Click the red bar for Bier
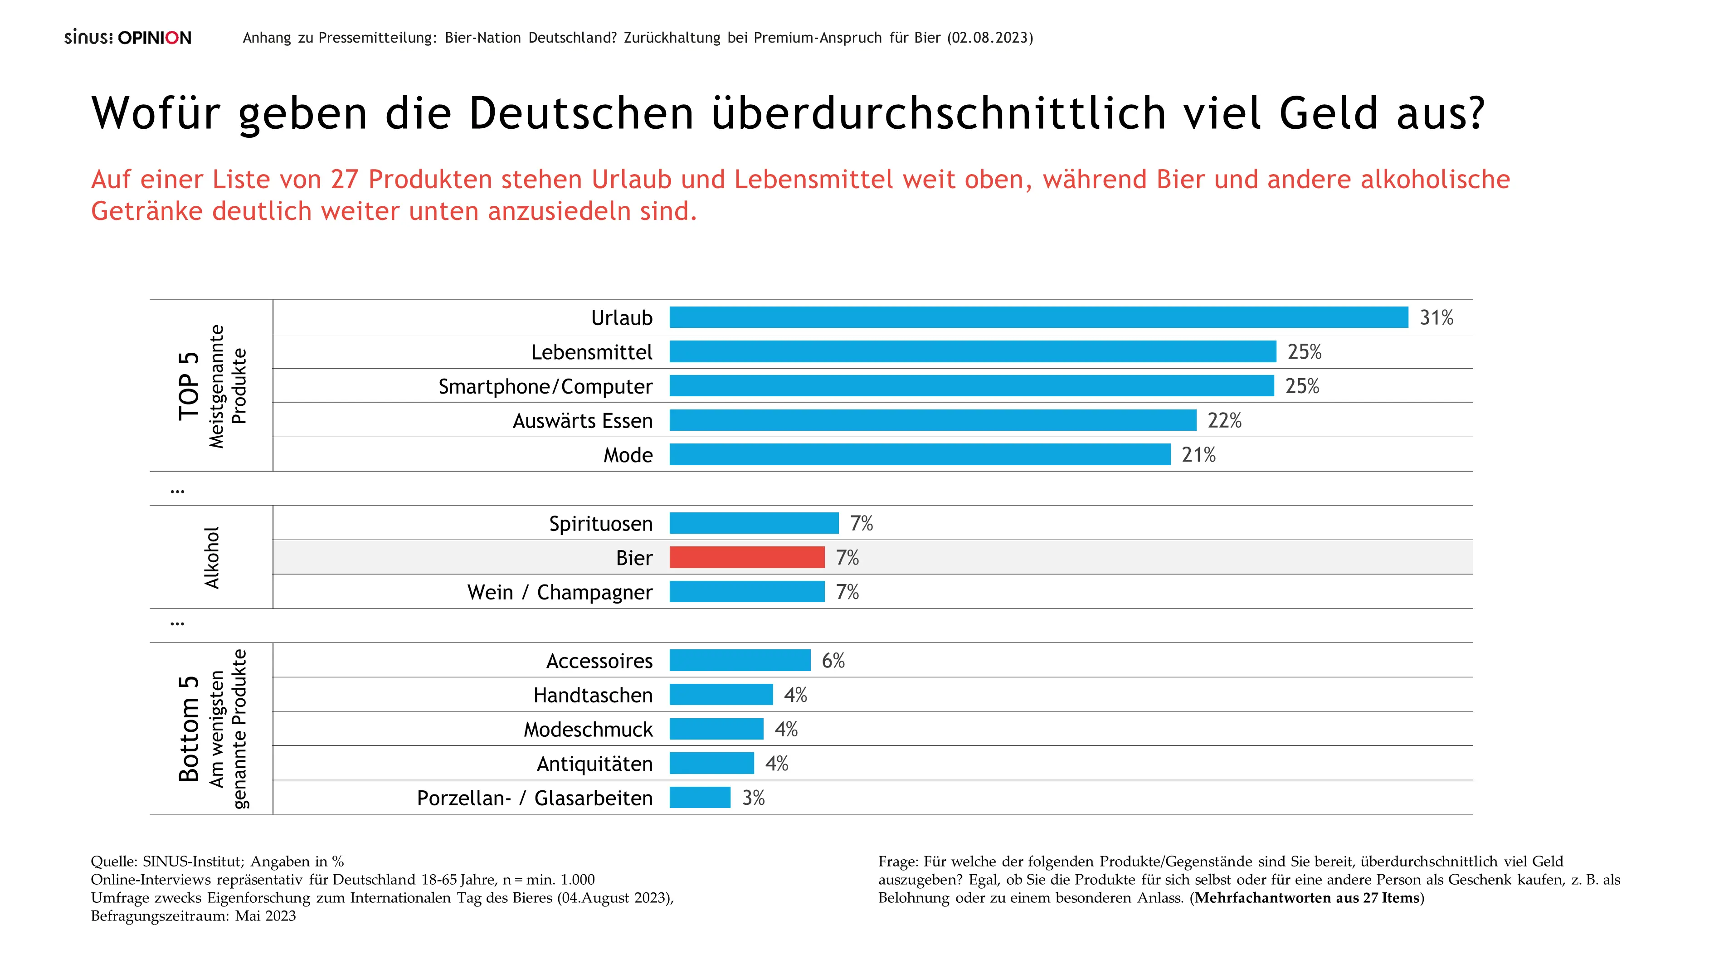[x=746, y=558]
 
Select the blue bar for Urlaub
[x=1038, y=317]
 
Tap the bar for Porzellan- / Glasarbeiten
[x=700, y=797]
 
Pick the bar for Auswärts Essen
[x=932, y=420]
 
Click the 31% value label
[x=1436, y=318]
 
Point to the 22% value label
[x=1224, y=420]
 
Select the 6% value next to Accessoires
[x=833, y=661]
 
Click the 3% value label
[x=753, y=798]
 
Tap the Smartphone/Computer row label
[x=545, y=386]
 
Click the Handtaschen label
[x=593, y=695]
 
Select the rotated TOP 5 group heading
[x=189, y=386]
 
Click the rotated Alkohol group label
[x=212, y=558]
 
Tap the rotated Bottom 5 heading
[x=189, y=729]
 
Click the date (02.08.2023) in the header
[x=990, y=38]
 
